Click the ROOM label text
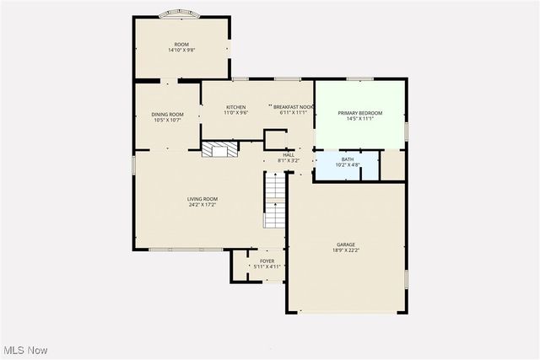(181, 44)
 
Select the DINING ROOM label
(167, 115)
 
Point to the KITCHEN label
(235, 107)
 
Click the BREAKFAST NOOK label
(294, 107)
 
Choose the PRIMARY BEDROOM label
(360, 113)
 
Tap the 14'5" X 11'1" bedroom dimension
(360, 119)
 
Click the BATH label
(348, 159)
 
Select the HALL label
(289, 154)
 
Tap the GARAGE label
(347, 244)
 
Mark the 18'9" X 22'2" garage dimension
(347, 250)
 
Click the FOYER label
(267, 261)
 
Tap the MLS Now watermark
(24, 350)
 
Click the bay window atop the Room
(181, 14)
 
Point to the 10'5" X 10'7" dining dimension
(167, 121)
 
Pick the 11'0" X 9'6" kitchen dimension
(235, 113)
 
